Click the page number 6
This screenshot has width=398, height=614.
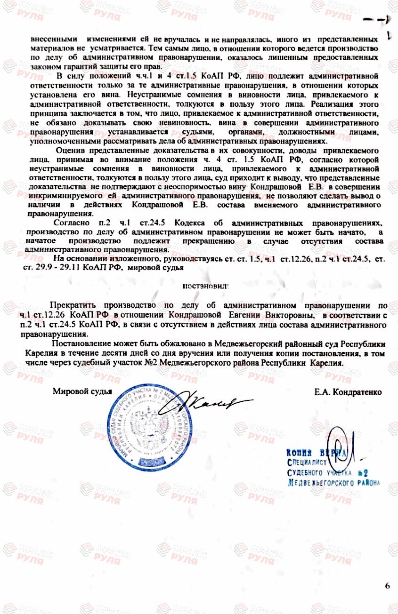pos(387,586)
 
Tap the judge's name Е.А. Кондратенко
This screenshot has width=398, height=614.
pos(348,391)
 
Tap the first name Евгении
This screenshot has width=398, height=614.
pos(245,314)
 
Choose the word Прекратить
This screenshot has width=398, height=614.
pos(71,305)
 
